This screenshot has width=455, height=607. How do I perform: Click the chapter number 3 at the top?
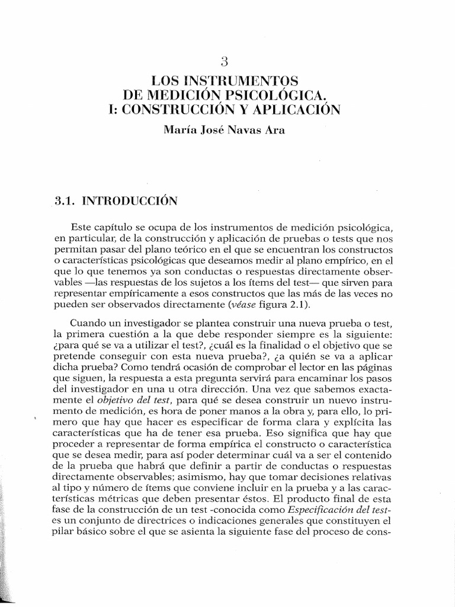[224, 60]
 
